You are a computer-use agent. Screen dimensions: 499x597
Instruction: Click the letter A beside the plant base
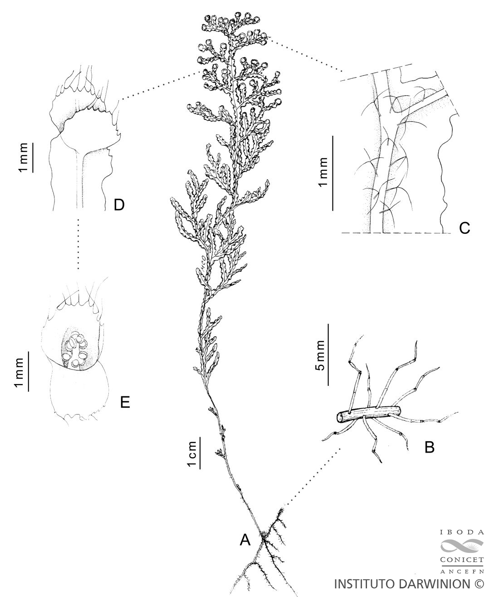245,540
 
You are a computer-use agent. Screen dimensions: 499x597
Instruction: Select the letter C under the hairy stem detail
465,228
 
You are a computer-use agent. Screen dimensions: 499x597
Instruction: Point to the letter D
119,205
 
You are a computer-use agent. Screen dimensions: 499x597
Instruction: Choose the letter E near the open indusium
125,402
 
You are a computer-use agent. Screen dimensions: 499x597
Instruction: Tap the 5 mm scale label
320,355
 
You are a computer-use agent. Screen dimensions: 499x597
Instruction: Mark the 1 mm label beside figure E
19,373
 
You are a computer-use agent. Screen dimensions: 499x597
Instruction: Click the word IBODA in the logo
462,533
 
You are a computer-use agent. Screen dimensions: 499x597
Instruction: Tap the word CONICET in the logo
462,559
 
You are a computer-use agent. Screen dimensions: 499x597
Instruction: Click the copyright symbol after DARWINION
478,583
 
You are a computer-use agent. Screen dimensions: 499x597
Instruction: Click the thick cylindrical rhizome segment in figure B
369,414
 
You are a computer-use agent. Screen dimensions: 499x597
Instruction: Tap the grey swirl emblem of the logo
462,546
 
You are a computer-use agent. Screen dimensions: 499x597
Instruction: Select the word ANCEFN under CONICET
462,570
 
